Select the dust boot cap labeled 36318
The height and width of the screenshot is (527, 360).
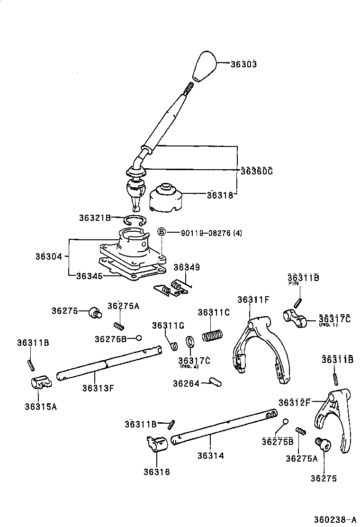[x=166, y=197]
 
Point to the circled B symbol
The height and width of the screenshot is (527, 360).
[x=161, y=232]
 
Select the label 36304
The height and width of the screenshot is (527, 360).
[x=48, y=256]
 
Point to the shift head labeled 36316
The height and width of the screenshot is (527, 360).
[x=157, y=445]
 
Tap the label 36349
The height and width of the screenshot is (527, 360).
[x=186, y=268]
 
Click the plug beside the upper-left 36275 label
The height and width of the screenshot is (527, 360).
[x=95, y=312]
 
